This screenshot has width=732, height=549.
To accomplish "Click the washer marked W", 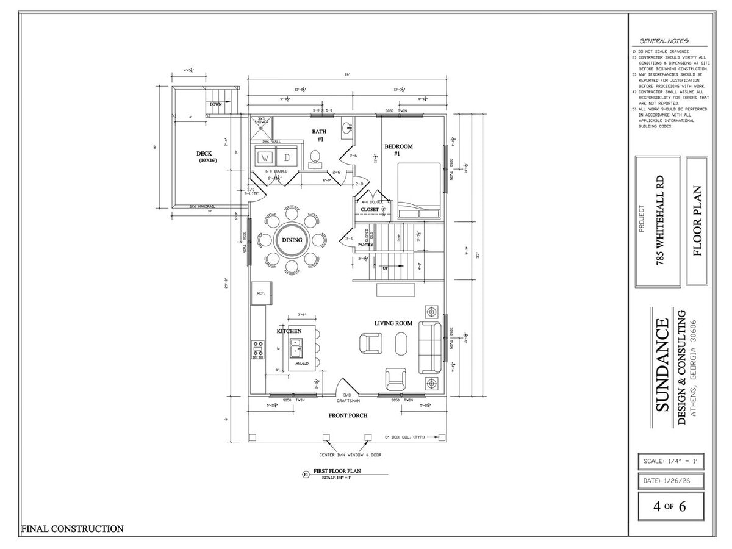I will tap(265, 158).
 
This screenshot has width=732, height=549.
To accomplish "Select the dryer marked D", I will tap(287, 158).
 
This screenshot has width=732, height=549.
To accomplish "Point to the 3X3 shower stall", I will tap(261, 127).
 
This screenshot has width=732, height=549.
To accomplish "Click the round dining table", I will tap(292, 240).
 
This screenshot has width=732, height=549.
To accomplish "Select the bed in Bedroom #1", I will tap(419, 190).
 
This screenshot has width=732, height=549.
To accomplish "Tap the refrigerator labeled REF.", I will tap(260, 294).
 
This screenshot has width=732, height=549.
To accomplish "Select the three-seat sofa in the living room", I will tap(429, 346).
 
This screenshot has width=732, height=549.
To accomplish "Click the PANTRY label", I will tap(365, 245).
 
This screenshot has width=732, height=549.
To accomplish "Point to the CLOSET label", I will tap(369, 209).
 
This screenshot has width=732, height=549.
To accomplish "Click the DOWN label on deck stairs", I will tap(215, 104).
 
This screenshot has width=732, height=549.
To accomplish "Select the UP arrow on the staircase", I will tap(385, 267).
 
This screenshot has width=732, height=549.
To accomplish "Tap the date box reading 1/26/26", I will tap(670, 481).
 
